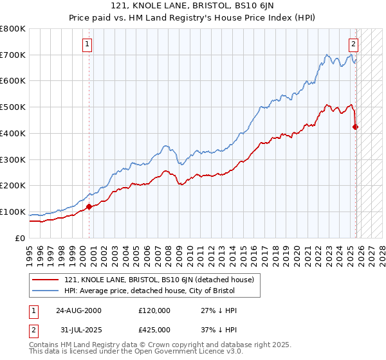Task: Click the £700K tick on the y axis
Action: (13, 55)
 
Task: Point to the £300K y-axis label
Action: (13, 159)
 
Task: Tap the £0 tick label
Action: (19, 238)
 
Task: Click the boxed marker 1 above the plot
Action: (87, 44)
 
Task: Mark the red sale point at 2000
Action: (89, 206)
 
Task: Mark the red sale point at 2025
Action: (356, 127)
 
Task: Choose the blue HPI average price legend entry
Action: (150, 291)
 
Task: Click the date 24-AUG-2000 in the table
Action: (78, 310)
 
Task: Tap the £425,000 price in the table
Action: (154, 329)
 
